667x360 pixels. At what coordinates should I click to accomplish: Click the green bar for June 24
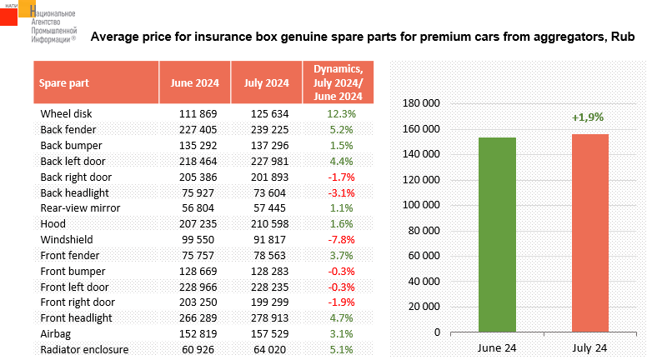pyautogui.click(x=497, y=235)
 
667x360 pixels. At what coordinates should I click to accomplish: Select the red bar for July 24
pyautogui.click(x=590, y=232)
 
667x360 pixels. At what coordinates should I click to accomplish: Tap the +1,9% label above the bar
pyautogui.click(x=588, y=117)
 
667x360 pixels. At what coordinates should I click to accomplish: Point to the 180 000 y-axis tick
pyautogui.click(x=421, y=103)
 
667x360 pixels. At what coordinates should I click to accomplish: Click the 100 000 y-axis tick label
pyautogui.click(x=421, y=205)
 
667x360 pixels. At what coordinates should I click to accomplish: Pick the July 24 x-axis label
pyautogui.click(x=589, y=347)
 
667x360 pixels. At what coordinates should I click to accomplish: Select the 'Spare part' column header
pyautogui.click(x=64, y=82)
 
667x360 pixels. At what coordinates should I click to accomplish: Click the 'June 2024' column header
pyautogui.click(x=195, y=82)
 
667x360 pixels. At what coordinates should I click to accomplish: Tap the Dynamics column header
pyautogui.click(x=339, y=82)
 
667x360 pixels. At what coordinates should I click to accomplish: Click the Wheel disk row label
pyautogui.click(x=66, y=114)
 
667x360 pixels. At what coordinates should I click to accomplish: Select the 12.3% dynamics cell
pyautogui.click(x=341, y=114)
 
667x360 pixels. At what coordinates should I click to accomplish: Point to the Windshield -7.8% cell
pyautogui.click(x=341, y=240)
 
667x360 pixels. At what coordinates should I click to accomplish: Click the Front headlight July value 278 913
pyautogui.click(x=269, y=318)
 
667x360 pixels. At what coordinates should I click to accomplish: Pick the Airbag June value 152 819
pyautogui.click(x=198, y=334)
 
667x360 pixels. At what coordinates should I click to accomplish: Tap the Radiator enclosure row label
pyautogui.click(x=84, y=350)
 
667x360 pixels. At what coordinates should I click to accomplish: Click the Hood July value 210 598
pyautogui.click(x=269, y=224)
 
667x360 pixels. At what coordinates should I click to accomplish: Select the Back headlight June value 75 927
pyautogui.click(x=198, y=193)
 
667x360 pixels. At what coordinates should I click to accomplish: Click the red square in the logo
pyautogui.click(x=8, y=17)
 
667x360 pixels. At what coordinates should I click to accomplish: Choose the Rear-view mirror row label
pyautogui.click(x=80, y=208)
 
